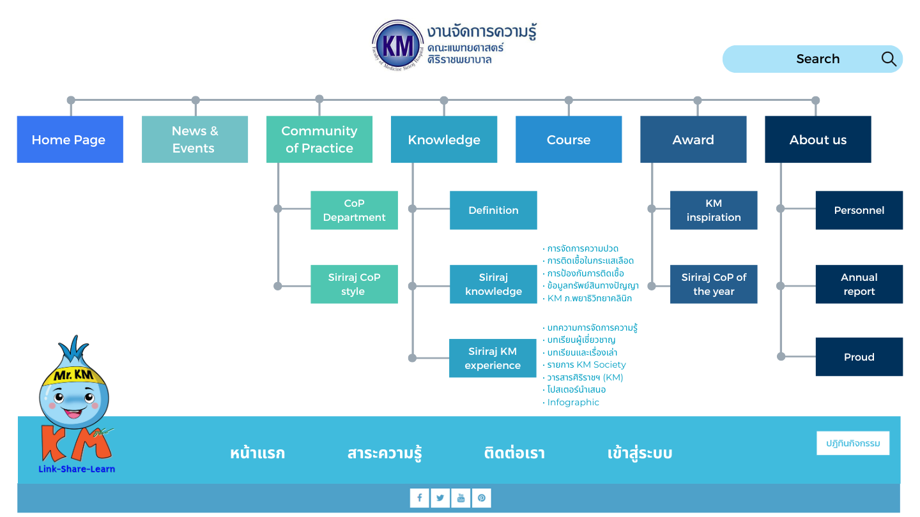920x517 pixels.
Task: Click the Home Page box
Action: (x=70, y=139)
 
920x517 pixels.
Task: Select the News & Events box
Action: (x=195, y=139)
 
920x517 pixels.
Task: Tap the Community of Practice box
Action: (x=319, y=139)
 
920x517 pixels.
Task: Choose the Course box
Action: (x=569, y=139)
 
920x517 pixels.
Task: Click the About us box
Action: (x=818, y=139)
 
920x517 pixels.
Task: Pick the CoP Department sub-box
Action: (x=354, y=210)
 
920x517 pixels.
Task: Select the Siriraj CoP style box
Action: (x=354, y=284)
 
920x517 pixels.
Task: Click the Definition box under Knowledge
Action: (x=493, y=210)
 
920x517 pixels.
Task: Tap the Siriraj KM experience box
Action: (x=493, y=358)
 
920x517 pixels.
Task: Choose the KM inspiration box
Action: (x=714, y=210)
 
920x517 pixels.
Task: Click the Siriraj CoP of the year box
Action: (x=714, y=284)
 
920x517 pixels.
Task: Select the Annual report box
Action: (x=859, y=284)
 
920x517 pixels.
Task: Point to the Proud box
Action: (x=859, y=357)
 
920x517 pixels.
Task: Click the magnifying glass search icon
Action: (x=889, y=59)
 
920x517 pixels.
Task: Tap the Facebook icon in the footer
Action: (x=420, y=498)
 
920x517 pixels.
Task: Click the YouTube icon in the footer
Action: (x=461, y=498)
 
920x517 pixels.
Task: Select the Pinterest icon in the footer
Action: (x=481, y=498)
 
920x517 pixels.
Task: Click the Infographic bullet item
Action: (x=573, y=402)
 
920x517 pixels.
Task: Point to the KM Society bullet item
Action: (x=586, y=364)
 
